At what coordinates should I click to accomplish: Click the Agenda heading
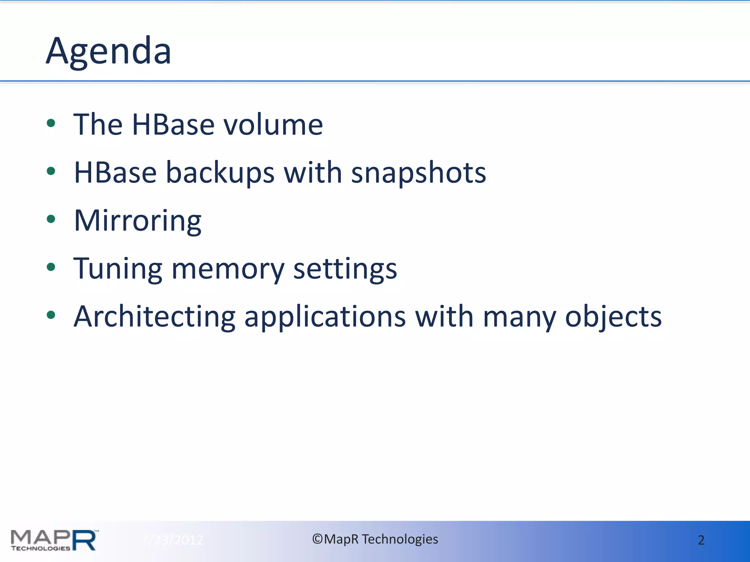pyautogui.click(x=108, y=51)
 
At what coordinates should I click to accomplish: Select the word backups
pyautogui.click(x=220, y=173)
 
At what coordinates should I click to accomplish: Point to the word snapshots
pyautogui.click(x=418, y=173)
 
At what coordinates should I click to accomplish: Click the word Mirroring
pyautogui.click(x=138, y=221)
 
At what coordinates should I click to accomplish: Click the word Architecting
pyautogui.click(x=155, y=317)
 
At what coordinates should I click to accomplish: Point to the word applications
pyautogui.click(x=325, y=317)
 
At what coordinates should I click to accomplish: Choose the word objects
pyautogui.click(x=613, y=317)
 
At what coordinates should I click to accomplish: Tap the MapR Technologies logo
pyautogui.click(x=54, y=540)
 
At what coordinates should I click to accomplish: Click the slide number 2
pyautogui.click(x=701, y=540)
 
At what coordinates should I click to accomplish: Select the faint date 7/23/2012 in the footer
pyautogui.click(x=172, y=540)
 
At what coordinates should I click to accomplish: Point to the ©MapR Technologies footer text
pyautogui.click(x=375, y=539)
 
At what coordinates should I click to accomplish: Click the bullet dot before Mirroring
pyautogui.click(x=51, y=219)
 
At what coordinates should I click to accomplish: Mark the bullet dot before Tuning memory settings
pyautogui.click(x=51, y=267)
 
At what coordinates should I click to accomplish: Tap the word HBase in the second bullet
pyautogui.click(x=115, y=173)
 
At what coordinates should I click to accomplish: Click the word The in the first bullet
pyautogui.click(x=98, y=125)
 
